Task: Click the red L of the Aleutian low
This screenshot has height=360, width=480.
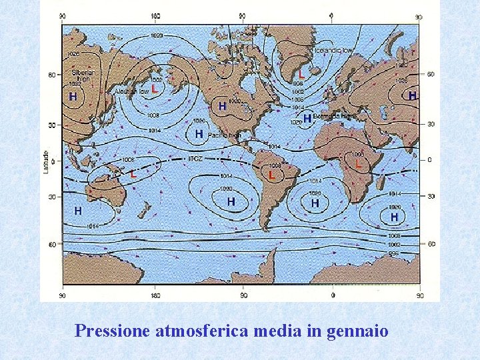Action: [155, 88]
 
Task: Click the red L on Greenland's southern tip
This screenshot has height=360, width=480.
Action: [301, 72]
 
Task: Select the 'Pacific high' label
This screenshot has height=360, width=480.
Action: [224, 135]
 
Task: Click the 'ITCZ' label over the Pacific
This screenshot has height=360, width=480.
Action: [195, 158]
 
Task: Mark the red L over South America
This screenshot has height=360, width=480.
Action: [271, 175]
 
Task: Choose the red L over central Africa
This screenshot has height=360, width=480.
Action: [359, 163]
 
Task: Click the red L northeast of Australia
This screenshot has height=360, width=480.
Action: [133, 174]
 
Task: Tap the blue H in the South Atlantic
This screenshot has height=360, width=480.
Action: [315, 202]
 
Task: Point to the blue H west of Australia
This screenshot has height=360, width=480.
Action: [78, 211]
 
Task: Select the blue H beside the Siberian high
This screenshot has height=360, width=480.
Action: [73, 97]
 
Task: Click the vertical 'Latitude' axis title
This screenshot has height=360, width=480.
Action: [46, 160]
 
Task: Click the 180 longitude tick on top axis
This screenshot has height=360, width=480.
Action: [155, 17]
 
